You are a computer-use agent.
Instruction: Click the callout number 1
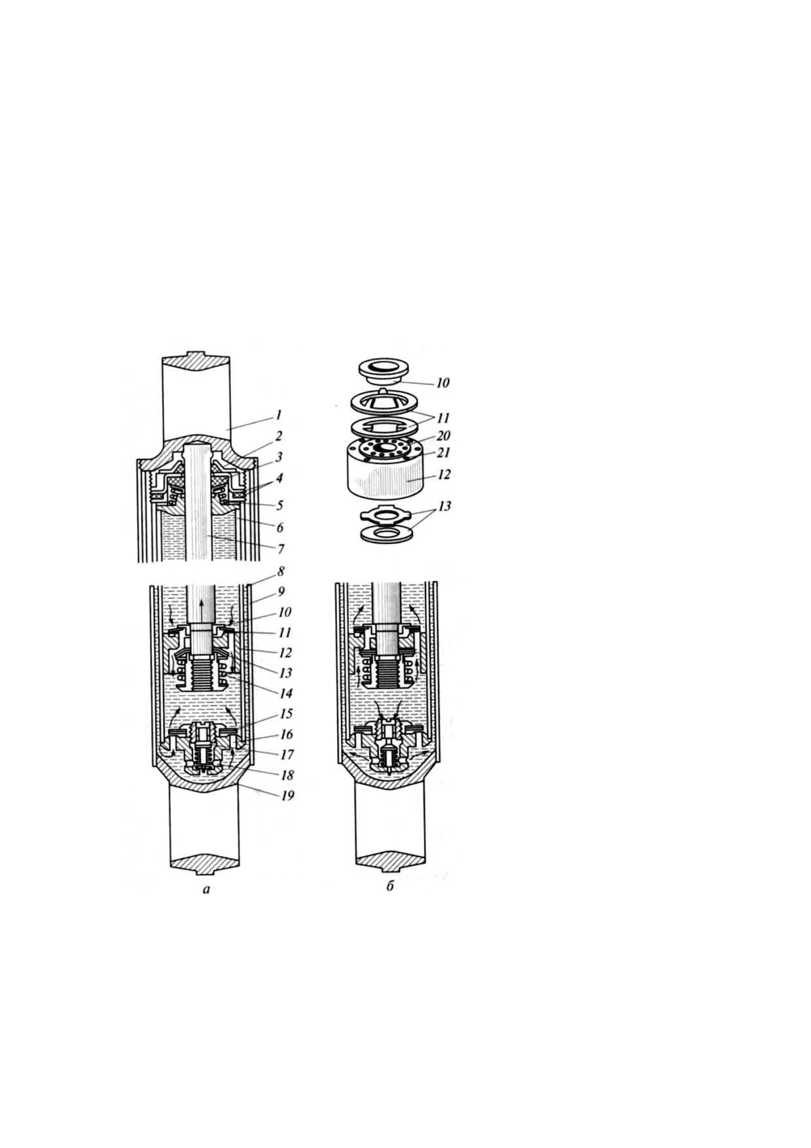278,414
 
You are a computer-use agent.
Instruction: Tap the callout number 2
278,435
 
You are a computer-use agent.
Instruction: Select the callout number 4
279,478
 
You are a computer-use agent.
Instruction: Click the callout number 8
279,571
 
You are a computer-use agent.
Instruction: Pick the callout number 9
281,591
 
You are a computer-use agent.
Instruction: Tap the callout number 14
285,693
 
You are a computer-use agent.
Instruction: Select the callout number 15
285,713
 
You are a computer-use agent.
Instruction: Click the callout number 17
285,755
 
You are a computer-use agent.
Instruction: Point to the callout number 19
287,795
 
